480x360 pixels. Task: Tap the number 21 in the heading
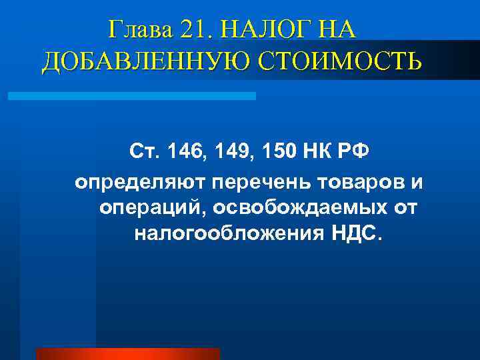[x=193, y=30]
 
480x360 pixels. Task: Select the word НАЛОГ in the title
[x=263, y=30]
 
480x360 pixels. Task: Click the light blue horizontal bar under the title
[x=131, y=96]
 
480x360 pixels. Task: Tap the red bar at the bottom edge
[x=127, y=353]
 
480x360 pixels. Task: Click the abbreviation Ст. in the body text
[x=143, y=153]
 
